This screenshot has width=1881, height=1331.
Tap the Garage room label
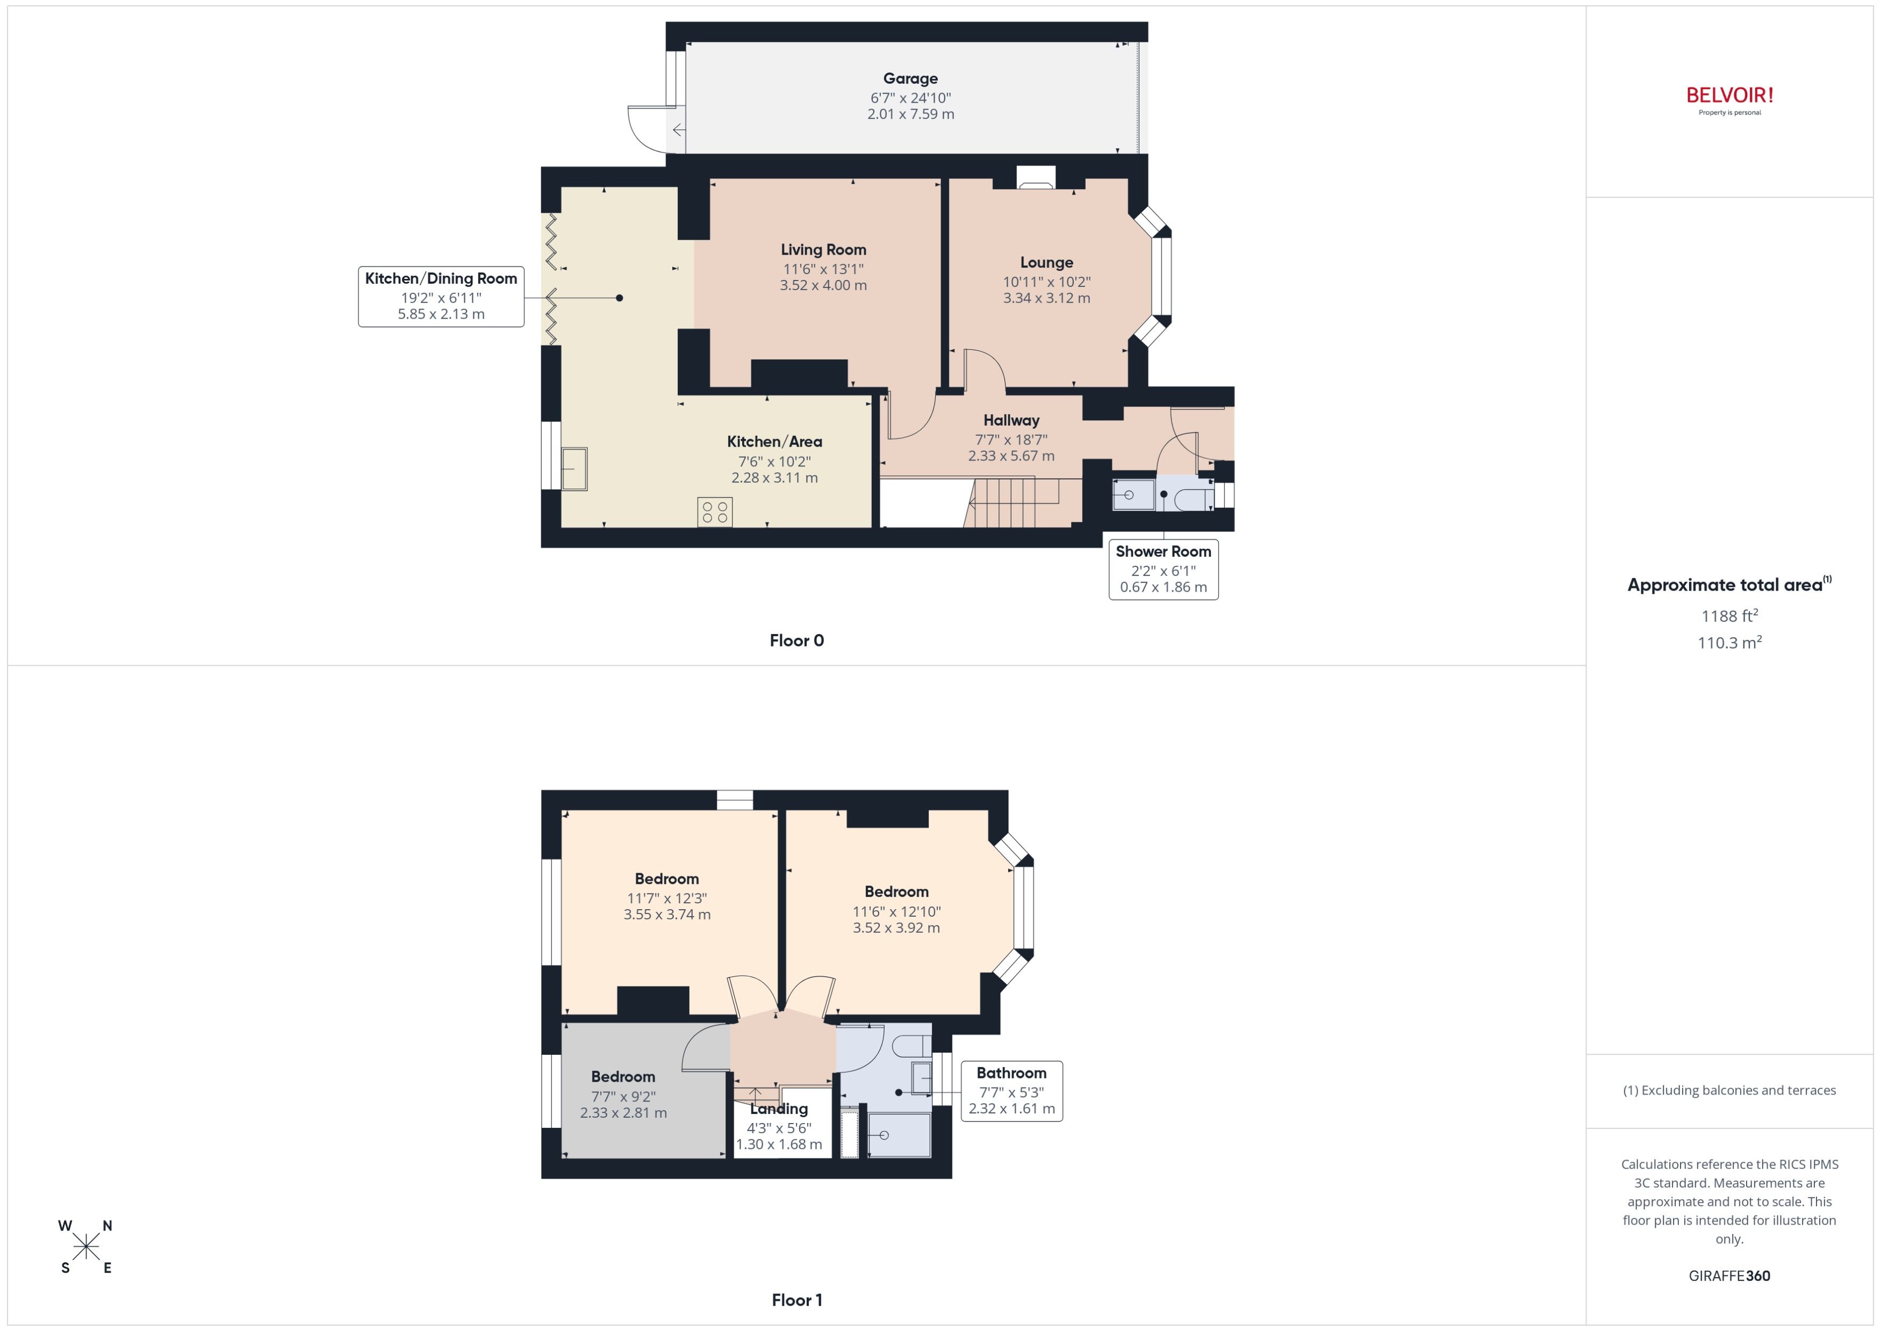coord(910,78)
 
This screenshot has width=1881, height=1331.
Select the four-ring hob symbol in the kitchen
coord(715,512)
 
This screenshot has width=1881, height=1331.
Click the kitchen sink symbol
coord(574,469)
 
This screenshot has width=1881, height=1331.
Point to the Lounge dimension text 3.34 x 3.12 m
coord(1046,298)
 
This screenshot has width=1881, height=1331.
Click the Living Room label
coord(823,250)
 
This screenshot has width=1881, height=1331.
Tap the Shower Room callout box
coord(1162,569)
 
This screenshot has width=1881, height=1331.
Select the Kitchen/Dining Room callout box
coord(441,296)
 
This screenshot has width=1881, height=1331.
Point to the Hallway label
coord(1010,420)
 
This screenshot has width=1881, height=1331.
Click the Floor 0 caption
coord(796,641)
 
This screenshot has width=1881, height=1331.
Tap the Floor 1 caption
coord(796,1300)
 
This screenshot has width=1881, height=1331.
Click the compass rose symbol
coord(85,1247)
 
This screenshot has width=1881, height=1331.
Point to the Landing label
coord(779,1109)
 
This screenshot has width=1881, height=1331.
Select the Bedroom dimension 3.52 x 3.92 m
coord(896,928)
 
